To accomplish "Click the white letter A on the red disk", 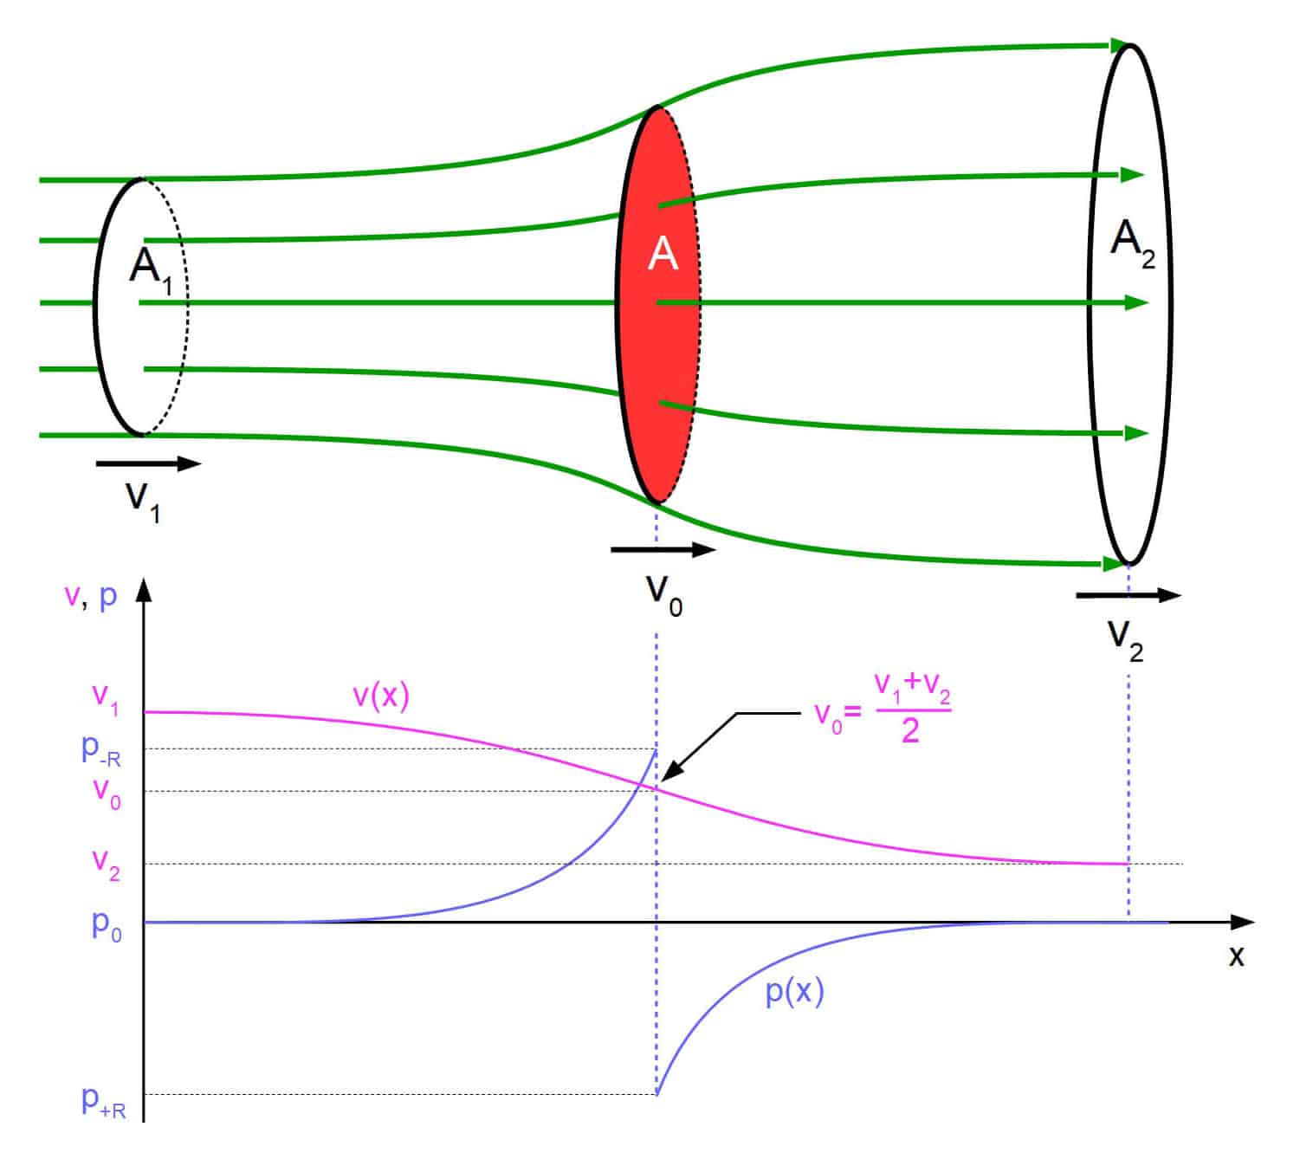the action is (x=663, y=254).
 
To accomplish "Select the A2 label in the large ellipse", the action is (x=1133, y=244).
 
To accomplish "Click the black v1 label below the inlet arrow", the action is (x=142, y=502).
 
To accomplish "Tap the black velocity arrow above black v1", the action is (x=149, y=463).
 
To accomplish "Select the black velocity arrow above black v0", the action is (x=663, y=549).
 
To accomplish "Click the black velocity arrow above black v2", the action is (x=1128, y=595).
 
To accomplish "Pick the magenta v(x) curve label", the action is (x=381, y=696).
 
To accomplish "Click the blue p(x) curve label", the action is (x=794, y=992).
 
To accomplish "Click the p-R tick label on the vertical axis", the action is (x=100, y=750).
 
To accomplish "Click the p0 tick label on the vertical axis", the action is (x=106, y=925).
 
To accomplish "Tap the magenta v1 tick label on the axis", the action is (x=106, y=698).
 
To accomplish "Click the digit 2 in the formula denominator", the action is (x=910, y=730).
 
